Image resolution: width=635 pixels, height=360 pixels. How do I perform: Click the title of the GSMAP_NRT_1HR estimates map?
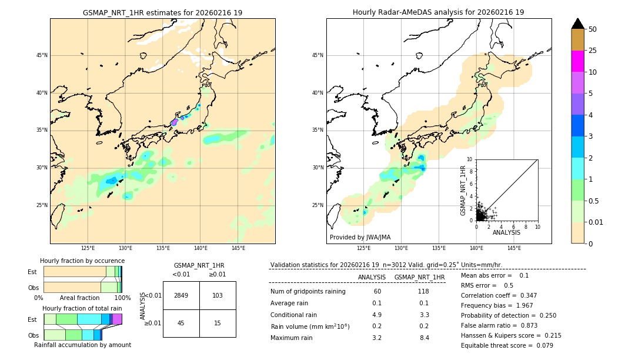162,12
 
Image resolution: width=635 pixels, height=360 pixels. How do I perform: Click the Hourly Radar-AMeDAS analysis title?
438,12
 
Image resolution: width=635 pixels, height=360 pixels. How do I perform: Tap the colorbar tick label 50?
593,29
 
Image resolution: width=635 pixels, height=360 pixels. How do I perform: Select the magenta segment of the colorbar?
577,61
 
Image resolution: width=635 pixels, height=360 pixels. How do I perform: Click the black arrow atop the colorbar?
577,24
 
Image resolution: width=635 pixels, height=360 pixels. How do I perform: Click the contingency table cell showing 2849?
181,295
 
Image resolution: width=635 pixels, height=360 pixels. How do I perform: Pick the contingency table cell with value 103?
218,295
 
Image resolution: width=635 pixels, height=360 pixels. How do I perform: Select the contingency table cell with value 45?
181,323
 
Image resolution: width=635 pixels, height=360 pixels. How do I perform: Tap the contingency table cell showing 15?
218,323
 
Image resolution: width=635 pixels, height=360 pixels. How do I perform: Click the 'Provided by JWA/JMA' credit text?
360,237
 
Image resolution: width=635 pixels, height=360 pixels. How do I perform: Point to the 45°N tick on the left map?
41,55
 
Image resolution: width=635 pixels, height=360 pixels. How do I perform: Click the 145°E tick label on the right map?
514,248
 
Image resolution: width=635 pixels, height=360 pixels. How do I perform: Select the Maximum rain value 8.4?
424,338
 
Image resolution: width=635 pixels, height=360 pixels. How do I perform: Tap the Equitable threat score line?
507,345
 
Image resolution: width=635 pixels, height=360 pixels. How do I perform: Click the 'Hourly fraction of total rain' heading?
82,308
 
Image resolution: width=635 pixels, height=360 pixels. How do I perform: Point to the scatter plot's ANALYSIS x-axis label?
506,232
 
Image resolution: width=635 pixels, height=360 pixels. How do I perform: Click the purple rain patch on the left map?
174,122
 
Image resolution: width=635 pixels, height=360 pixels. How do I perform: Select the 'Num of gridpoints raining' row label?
308,291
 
